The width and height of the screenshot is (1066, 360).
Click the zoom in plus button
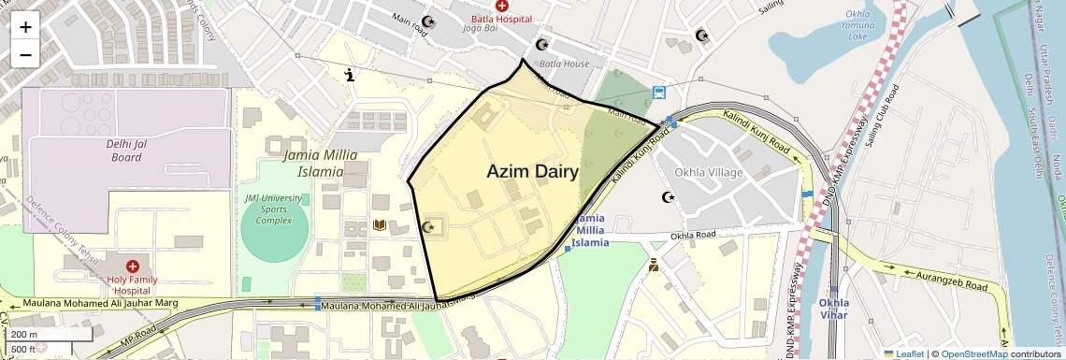[25, 26]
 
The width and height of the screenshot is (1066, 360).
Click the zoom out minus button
[25, 54]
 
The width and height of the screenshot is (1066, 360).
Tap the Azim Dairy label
[532, 172]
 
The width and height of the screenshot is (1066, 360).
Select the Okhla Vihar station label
[833, 309]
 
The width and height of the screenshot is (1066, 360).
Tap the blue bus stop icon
[659, 93]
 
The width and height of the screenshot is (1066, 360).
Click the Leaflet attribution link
[903, 353]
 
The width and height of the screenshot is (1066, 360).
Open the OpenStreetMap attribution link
[973, 353]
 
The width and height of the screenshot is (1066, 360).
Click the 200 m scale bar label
[25, 334]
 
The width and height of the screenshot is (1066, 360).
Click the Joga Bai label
[483, 28]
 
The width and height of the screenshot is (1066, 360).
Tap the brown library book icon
[380, 224]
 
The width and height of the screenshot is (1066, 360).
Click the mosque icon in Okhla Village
[668, 197]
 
